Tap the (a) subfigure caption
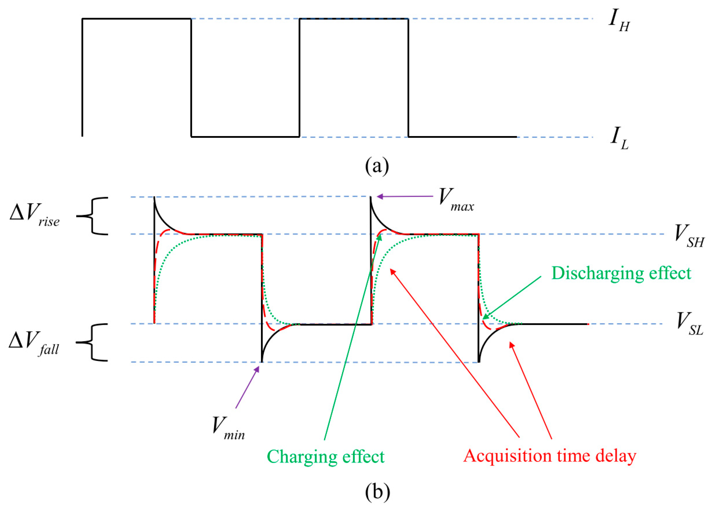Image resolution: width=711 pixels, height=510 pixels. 377,166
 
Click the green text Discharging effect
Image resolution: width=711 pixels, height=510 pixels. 621,273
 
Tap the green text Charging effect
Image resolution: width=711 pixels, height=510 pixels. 326,456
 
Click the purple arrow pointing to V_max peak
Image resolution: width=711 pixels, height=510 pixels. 405,197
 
